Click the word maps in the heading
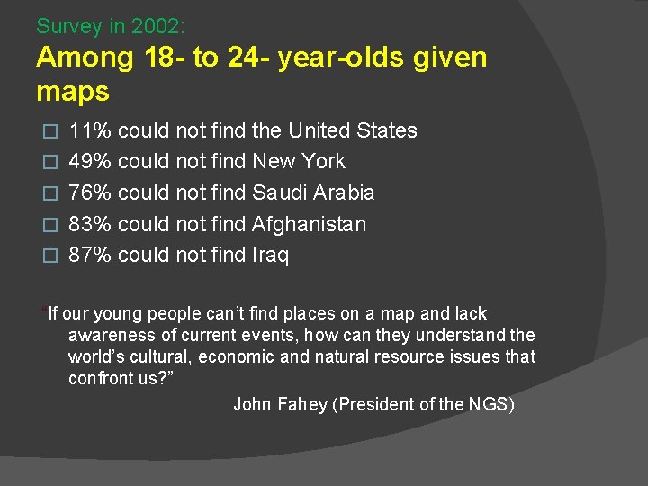73,91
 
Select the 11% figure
90,130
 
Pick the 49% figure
90,162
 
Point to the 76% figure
90,193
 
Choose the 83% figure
90,224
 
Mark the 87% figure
90,255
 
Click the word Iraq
271,255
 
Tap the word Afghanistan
310,224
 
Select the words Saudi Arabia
313,193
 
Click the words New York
299,162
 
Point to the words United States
353,130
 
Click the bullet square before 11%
50,131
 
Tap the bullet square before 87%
50,256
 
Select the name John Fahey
280,404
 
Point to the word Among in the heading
85,58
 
